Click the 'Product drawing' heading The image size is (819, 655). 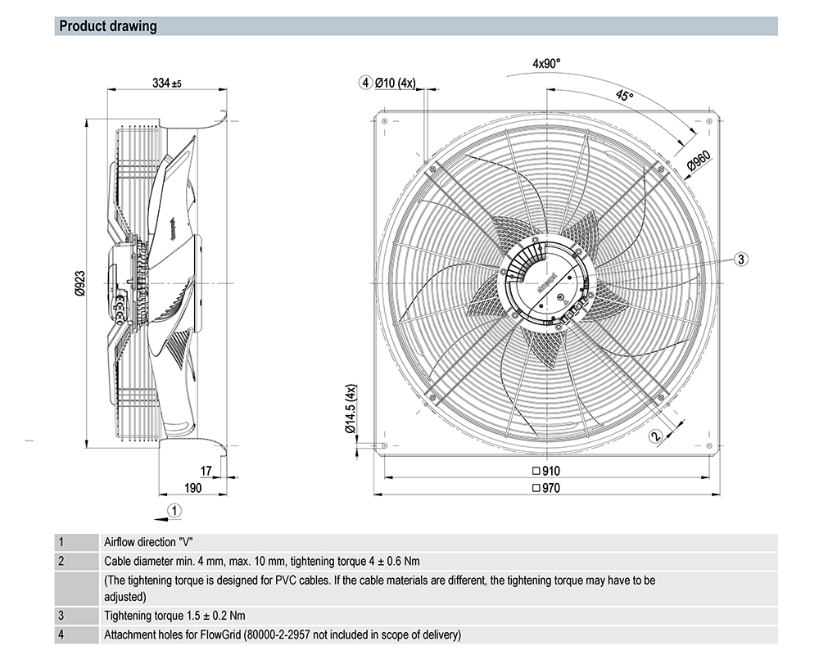click(x=107, y=26)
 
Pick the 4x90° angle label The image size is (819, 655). click(x=546, y=63)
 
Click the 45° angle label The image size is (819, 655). click(x=625, y=97)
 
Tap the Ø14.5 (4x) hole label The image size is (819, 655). click(x=350, y=407)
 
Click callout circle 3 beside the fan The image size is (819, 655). click(x=740, y=259)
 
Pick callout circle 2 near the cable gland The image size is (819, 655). click(x=655, y=436)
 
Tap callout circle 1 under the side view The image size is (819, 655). click(x=173, y=509)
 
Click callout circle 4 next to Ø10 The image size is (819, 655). click(x=364, y=82)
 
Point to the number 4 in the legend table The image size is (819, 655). click(x=61, y=635)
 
